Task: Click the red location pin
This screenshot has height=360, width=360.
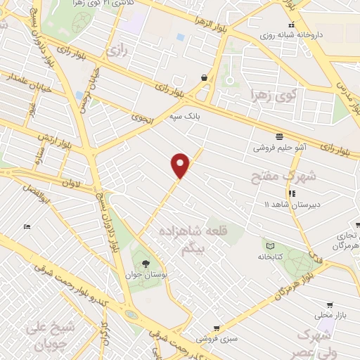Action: click(181, 165)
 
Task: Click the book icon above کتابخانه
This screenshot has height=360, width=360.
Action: click(270, 245)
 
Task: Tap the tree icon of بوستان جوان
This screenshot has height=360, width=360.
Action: click(146, 264)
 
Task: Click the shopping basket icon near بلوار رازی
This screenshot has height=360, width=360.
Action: click(204, 77)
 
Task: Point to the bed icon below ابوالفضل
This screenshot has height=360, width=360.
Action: click(27, 226)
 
